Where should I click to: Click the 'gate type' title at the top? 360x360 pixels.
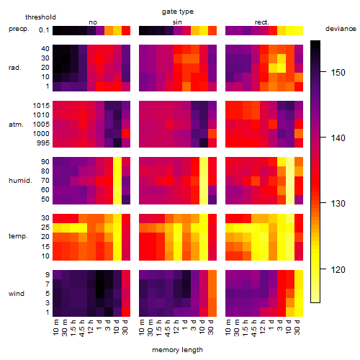(x=178, y=12)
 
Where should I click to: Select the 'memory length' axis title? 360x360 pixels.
(x=177, y=350)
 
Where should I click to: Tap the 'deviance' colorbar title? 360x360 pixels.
(x=341, y=29)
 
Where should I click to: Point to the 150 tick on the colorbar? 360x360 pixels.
(x=323, y=71)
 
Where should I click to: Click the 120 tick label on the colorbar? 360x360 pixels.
(x=338, y=269)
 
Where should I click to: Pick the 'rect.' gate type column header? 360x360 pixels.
(x=261, y=22)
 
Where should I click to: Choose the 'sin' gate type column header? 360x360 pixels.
(x=177, y=22)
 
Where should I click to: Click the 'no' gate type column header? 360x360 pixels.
(x=93, y=22)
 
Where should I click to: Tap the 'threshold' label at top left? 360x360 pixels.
(x=40, y=17)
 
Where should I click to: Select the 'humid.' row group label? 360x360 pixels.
(x=20, y=181)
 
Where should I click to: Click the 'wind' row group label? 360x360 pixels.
(x=17, y=294)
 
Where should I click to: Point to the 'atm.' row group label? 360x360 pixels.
(x=16, y=125)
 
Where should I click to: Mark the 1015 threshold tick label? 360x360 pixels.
(x=41, y=106)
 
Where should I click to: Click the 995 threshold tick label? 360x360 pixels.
(x=43, y=143)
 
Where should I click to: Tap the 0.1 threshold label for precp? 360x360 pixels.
(x=44, y=30)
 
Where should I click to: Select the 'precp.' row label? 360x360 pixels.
(x=19, y=29)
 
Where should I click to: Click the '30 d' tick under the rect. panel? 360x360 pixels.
(x=297, y=327)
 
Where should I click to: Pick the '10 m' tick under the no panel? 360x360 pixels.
(x=55, y=327)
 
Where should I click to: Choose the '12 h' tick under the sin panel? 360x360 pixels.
(x=176, y=327)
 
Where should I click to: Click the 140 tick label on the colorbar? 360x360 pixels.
(x=338, y=138)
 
